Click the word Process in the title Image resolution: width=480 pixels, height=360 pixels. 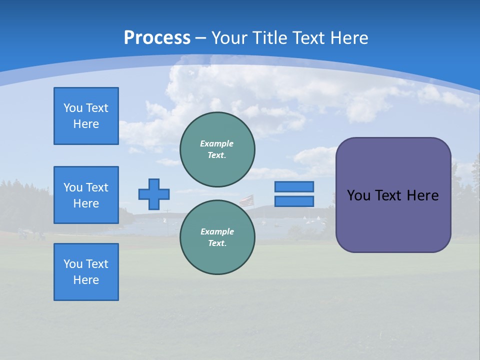157,38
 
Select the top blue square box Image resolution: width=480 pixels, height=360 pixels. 86,116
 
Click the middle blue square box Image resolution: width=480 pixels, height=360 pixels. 86,195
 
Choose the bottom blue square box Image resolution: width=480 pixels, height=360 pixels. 86,272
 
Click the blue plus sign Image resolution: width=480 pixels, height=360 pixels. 154,194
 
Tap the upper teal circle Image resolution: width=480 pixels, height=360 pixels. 217,149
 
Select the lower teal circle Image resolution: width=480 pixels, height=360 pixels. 217,237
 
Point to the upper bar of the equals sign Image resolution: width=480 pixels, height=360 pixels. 294,186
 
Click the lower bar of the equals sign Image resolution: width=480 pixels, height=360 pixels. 294,201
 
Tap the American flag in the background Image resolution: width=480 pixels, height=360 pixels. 246,201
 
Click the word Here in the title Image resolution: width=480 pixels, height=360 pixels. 349,38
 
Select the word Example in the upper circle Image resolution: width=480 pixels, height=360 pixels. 216,143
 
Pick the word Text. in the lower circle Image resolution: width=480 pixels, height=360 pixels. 217,243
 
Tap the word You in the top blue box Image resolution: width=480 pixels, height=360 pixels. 73,108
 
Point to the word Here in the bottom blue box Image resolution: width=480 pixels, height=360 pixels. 86,280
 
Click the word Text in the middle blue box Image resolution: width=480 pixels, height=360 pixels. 97,187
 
